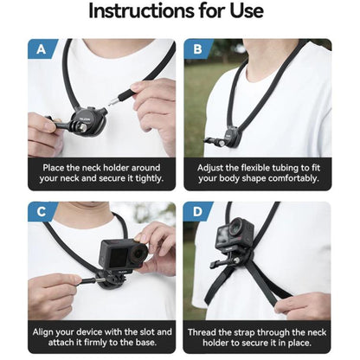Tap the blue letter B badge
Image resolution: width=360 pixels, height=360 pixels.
click(197, 48)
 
